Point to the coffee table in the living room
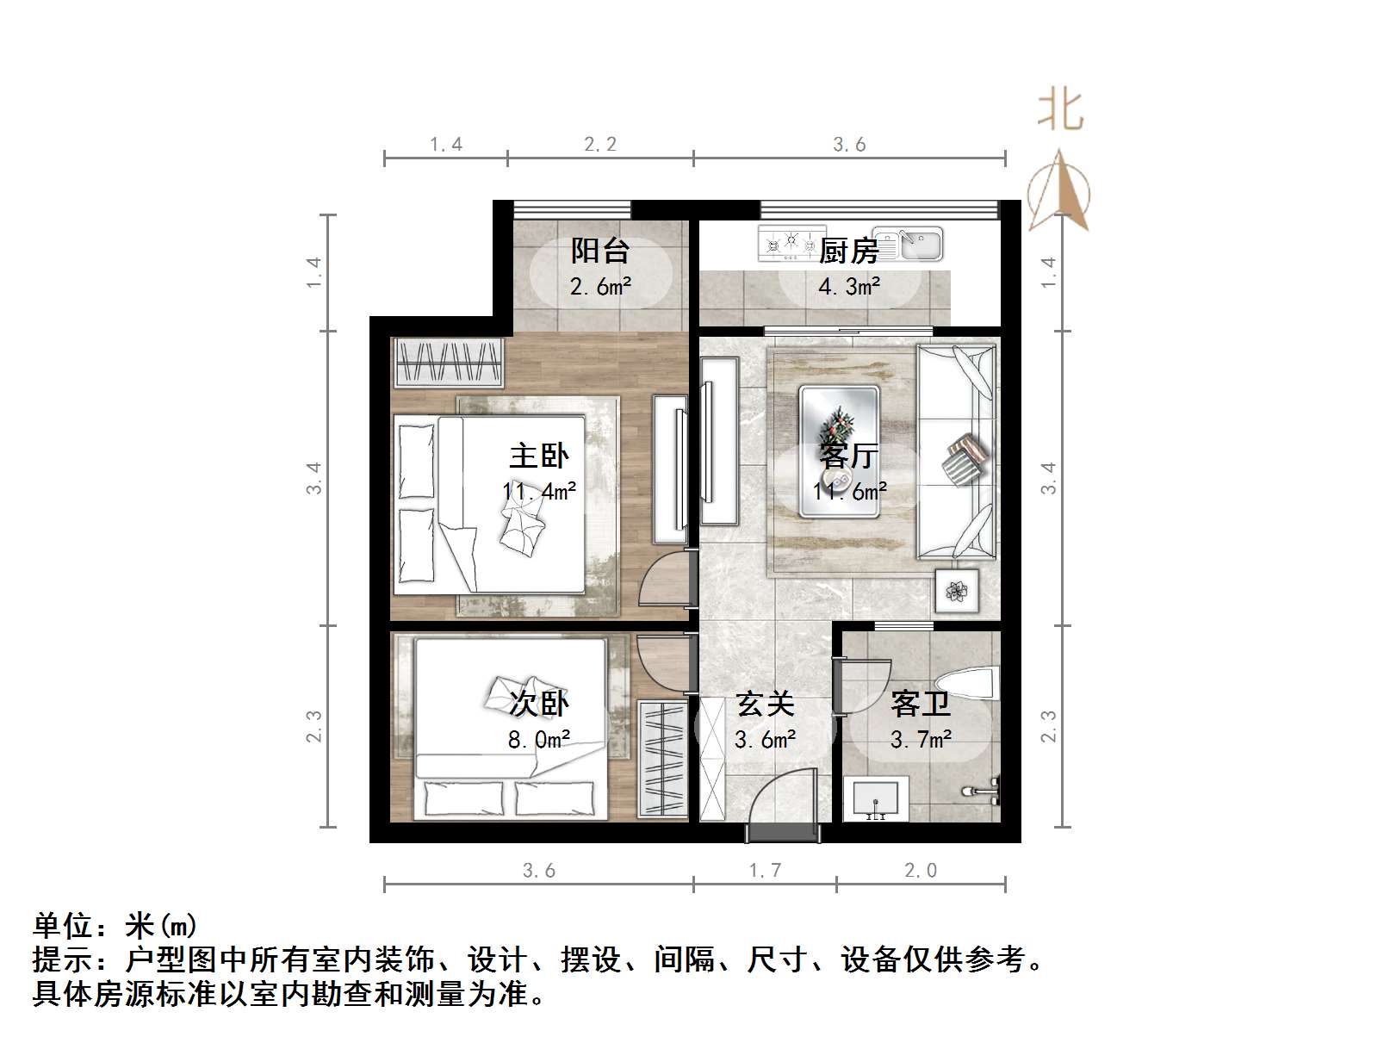(839, 451)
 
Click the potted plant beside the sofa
(957, 590)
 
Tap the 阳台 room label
(600, 251)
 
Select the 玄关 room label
(765, 705)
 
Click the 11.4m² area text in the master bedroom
(539, 491)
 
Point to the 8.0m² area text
(539, 739)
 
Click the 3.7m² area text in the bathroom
(921, 739)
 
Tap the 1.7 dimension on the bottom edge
(765, 871)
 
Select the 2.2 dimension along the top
(600, 145)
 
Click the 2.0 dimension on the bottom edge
(921, 871)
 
